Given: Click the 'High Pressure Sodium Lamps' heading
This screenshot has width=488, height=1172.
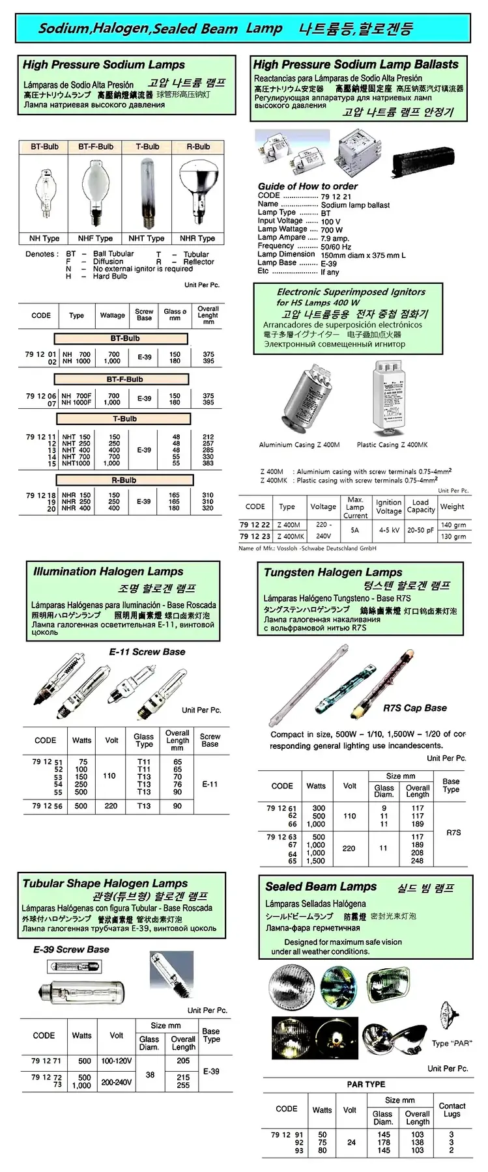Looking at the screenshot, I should pos(104,64).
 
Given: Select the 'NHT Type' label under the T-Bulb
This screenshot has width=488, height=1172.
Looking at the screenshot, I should pos(147,238).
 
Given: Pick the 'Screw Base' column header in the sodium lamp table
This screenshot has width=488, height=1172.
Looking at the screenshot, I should pos(144,315).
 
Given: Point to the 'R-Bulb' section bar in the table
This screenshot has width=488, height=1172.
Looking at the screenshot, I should pos(124,481).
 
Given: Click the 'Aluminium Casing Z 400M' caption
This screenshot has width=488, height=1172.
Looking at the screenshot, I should pos(299,445).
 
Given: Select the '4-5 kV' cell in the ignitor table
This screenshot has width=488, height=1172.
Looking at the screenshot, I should pos(389,530).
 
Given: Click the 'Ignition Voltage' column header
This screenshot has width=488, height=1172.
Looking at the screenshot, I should pos(389,507).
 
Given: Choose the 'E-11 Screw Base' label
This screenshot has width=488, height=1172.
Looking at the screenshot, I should pos(147,652).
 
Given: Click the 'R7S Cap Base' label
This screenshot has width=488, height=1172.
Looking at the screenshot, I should pos(415,708).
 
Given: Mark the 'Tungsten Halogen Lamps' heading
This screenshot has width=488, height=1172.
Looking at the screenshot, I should pos(333,572).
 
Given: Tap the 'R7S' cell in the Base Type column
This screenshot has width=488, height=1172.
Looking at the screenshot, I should pos(453,832).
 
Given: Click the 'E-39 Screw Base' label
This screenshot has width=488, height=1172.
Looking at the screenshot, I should pos(72,949).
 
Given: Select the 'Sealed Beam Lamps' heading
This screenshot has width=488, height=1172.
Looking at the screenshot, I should pos(321,887).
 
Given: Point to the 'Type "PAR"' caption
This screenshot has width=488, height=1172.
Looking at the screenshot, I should pos(452,1043).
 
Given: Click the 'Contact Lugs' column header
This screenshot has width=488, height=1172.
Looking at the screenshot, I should pos(452,1109).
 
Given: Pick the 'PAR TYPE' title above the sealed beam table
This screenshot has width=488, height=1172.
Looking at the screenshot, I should pos(366,1084).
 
